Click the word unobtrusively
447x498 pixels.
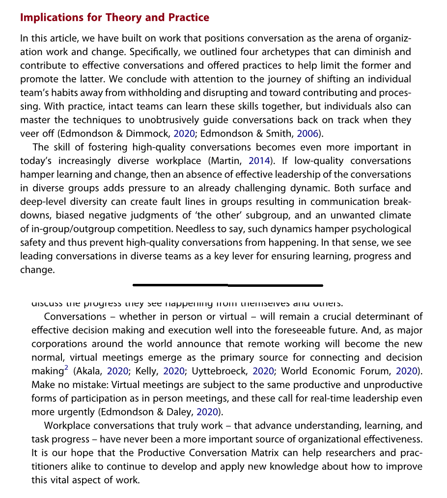click(191, 120)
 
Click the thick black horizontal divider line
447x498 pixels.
click(228, 285)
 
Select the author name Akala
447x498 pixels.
click(89, 371)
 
